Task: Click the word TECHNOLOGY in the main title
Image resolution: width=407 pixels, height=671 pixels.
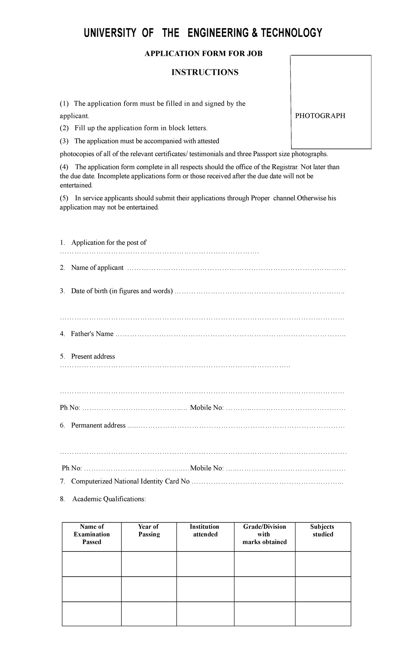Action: click(291, 33)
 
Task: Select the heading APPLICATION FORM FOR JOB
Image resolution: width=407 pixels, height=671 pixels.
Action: click(203, 54)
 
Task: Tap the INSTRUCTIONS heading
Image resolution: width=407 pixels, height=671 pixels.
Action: click(205, 72)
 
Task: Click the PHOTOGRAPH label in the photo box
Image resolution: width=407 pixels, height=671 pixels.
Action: click(320, 116)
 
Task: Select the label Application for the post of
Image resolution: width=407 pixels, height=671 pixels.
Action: click(109, 242)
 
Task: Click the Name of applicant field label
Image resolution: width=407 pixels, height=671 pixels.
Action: click(97, 268)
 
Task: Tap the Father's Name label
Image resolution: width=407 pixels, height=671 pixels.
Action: click(92, 334)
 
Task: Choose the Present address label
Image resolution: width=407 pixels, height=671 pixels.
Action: click(93, 356)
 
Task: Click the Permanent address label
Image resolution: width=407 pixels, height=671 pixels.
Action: click(98, 425)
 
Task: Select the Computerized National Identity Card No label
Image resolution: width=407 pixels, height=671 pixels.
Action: click(130, 481)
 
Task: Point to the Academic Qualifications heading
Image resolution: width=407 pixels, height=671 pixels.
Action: click(109, 499)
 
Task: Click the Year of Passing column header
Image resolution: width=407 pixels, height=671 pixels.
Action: click(149, 530)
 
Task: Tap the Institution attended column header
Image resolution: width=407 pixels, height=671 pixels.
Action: click(205, 530)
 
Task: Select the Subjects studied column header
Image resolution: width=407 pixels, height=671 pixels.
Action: click(322, 530)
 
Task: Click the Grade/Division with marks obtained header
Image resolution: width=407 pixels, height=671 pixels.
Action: click(265, 534)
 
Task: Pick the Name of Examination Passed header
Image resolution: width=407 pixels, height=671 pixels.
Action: click(92, 534)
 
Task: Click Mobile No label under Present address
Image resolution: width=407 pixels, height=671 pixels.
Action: click(207, 407)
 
